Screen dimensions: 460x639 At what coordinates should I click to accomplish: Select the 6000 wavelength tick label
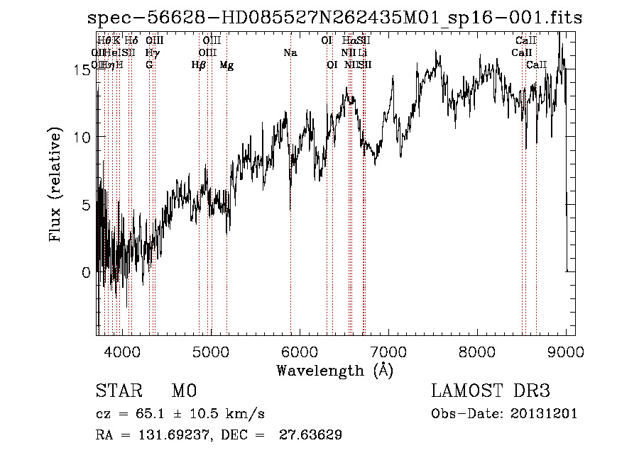tap(300, 351)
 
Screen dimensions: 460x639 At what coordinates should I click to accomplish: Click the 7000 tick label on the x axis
tap(388, 351)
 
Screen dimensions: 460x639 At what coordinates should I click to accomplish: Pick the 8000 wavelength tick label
tap(477, 351)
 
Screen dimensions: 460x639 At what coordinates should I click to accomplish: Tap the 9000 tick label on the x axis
tap(566, 351)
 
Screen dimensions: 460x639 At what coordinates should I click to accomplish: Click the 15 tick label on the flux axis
tap(82, 69)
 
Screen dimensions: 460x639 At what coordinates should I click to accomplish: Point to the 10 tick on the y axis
tap(82, 137)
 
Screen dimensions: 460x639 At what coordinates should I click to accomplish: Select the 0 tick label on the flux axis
tap(87, 272)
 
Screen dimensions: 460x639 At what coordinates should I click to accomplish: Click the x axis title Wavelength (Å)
tap(334, 370)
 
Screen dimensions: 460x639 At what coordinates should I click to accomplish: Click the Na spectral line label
tap(290, 53)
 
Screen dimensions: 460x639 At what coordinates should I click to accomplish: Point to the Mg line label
tap(226, 65)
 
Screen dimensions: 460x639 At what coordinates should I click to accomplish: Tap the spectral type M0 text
tap(183, 391)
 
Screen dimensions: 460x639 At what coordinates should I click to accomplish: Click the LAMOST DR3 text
tap(491, 391)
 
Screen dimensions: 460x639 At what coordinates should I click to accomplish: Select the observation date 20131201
tap(545, 414)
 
